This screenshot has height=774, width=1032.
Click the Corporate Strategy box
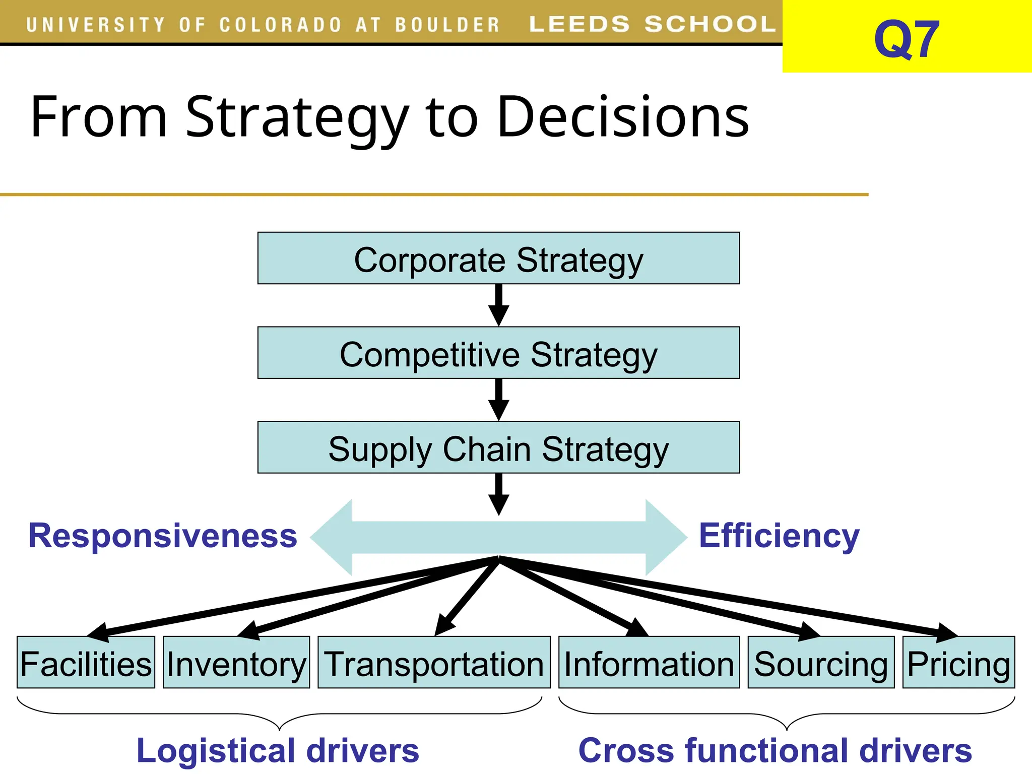click(498, 259)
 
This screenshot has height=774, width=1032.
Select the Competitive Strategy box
click(498, 353)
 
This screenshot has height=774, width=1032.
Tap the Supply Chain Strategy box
click(498, 447)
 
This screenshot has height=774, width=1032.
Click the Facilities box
click(86, 663)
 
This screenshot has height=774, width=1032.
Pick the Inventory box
click(236, 663)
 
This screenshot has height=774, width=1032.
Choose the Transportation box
click(434, 663)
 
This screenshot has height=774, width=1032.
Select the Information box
click(649, 663)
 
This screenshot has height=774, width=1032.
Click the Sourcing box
click(821, 663)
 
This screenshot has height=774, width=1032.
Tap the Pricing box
click(958, 663)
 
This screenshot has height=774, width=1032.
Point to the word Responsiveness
click(163, 536)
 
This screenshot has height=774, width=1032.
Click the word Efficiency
click(779, 536)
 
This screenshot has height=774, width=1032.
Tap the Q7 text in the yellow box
click(907, 39)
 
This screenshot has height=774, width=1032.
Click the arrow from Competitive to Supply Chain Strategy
click(498, 400)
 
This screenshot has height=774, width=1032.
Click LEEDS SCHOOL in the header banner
click(653, 24)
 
